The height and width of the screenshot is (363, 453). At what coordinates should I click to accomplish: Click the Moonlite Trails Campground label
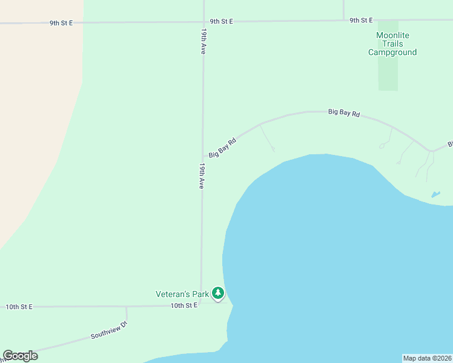point(392,44)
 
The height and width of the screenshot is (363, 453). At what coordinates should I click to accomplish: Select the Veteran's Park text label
point(182,295)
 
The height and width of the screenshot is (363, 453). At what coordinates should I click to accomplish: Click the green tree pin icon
point(218,293)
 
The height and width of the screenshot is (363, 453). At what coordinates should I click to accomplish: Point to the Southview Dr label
point(110,329)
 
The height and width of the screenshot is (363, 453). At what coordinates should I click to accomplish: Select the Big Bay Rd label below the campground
point(344,113)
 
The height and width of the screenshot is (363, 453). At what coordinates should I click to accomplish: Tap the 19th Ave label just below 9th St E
point(203,42)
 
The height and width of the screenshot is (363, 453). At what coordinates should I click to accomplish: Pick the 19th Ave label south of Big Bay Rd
point(202,175)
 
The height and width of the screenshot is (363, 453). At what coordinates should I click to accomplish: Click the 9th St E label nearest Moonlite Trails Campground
point(361,21)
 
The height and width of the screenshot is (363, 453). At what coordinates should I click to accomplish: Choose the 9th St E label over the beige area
point(61,23)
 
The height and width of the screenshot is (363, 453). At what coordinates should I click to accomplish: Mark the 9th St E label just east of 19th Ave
point(222,21)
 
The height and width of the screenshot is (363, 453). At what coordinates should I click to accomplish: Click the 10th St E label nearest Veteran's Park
point(184,306)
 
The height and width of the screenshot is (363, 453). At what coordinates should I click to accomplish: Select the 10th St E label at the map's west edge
point(19,307)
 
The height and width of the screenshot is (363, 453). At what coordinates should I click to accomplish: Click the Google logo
point(21,356)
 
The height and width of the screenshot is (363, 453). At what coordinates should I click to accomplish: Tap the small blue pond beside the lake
point(435,194)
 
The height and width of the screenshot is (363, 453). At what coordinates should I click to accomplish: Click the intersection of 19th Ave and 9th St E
point(203,22)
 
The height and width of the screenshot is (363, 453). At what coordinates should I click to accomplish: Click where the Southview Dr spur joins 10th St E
point(126,307)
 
